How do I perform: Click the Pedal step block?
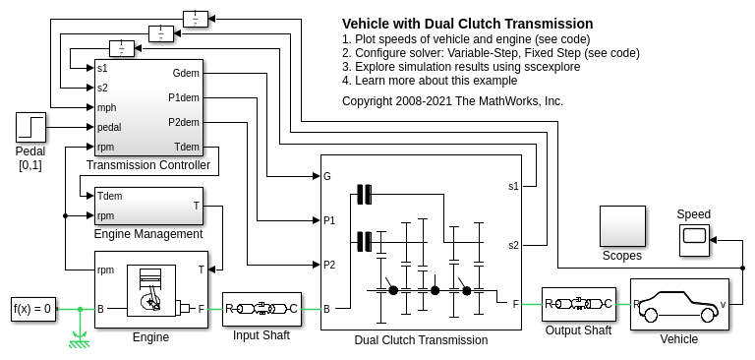[30, 127]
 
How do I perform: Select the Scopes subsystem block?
[622, 226]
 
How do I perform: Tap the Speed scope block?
[694, 240]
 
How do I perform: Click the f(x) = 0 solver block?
[33, 309]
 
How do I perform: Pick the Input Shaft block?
[261, 309]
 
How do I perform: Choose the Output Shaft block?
[578, 304]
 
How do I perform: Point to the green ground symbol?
[80, 338]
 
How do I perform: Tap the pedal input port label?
[109, 127]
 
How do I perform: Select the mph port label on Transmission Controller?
[106, 107]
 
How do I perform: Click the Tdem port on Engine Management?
[109, 196]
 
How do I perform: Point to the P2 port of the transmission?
[329, 265]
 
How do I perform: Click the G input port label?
[327, 176]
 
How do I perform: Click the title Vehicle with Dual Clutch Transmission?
[468, 24]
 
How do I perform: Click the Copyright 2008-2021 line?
[452, 101]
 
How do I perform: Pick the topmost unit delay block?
[196, 19]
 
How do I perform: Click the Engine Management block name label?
[148, 234]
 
